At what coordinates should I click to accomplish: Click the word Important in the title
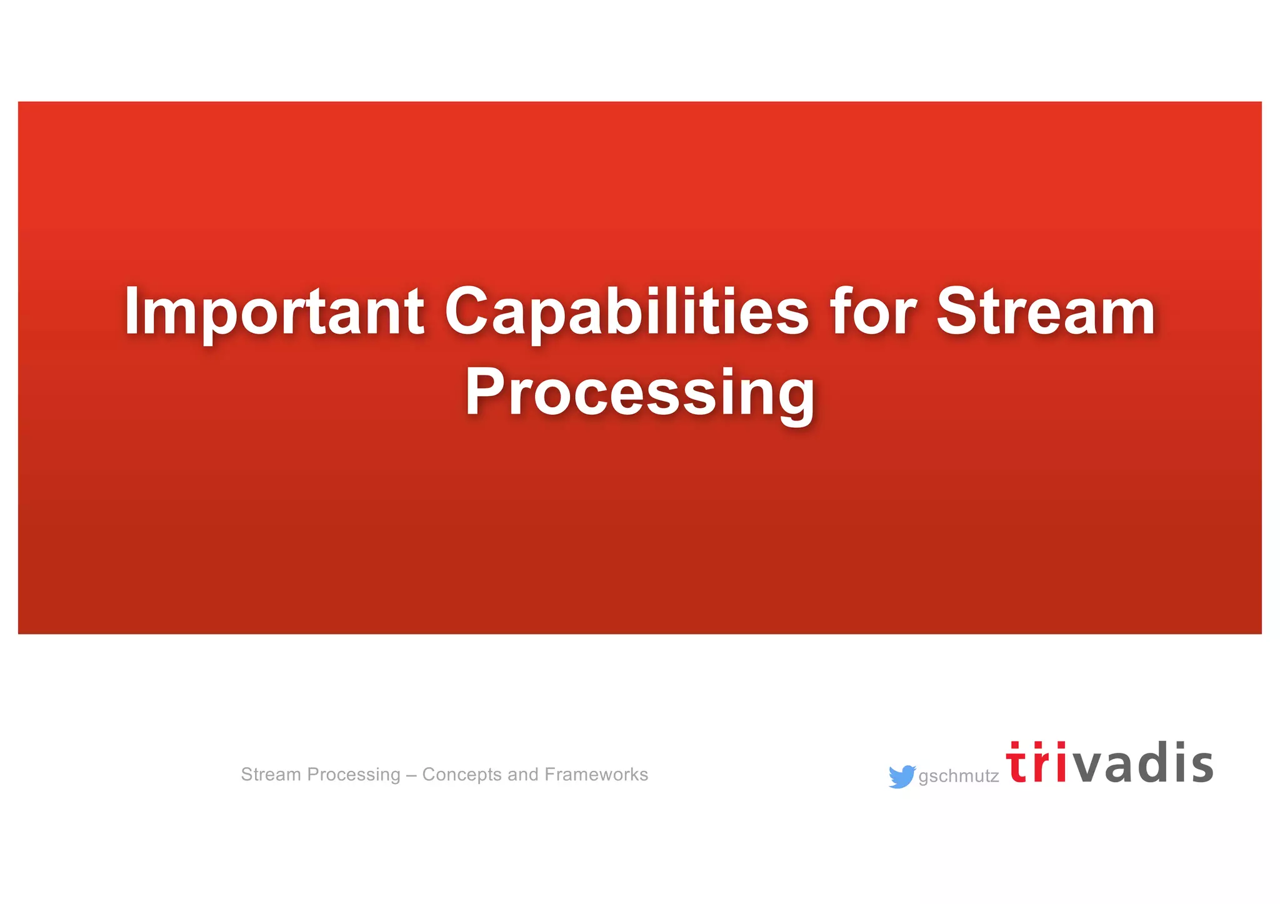pyautogui.click(x=274, y=312)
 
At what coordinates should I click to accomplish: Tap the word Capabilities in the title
pyautogui.click(x=626, y=312)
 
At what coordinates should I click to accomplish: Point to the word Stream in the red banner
pyautogui.click(x=1045, y=312)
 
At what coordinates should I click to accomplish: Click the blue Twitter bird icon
pyautogui.click(x=901, y=777)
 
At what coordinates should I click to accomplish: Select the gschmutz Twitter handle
pyautogui.click(x=958, y=777)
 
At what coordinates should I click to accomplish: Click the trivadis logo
pyautogui.click(x=1109, y=763)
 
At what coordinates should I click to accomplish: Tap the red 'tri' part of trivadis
pyautogui.click(x=1036, y=763)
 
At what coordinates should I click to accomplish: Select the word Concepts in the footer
pyautogui.click(x=462, y=775)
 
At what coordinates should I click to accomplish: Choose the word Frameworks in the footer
pyautogui.click(x=596, y=775)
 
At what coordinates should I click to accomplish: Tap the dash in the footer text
pyautogui.click(x=411, y=775)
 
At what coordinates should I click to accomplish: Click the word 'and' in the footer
pyautogui.click(x=522, y=775)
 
